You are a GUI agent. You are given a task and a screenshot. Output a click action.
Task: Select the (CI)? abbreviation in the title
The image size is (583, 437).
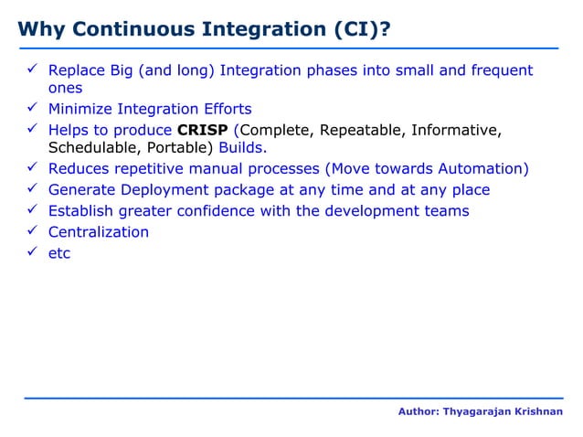[x=363, y=29]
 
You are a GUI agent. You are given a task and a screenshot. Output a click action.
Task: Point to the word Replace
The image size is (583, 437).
[x=78, y=70]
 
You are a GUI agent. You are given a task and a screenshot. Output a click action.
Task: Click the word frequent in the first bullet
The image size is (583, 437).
[x=502, y=70]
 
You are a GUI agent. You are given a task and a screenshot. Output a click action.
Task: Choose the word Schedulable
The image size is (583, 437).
[x=89, y=149]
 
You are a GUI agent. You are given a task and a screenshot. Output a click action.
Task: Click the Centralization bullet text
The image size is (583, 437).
[x=98, y=231]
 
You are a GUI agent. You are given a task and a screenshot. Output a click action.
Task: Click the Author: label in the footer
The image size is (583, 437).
[x=418, y=412]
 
